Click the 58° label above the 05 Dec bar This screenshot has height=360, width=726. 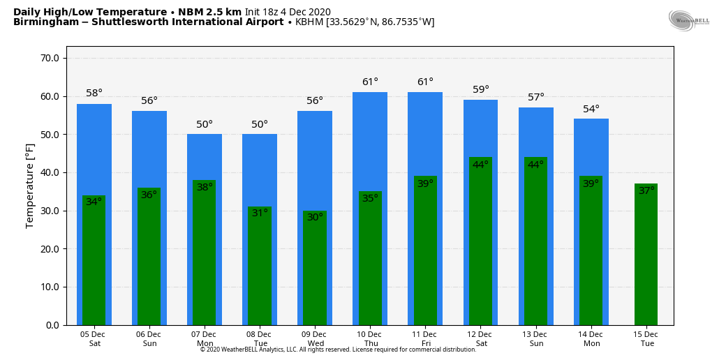[x=94, y=93]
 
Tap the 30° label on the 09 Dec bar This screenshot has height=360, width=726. [x=315, y=217]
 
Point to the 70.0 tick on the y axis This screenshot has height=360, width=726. [x=51, y=58]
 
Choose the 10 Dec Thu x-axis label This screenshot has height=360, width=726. [x=370, y=339]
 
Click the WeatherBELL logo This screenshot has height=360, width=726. [x=688, y=21]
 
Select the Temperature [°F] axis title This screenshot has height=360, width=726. [x=30, y=186]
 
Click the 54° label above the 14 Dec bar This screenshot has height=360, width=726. [x=591, y=109]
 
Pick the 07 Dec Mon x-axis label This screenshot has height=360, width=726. [x=205, y=339]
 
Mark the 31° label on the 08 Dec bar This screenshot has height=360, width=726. [x=260, y=213]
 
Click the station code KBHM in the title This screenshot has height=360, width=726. [x=309, y=22]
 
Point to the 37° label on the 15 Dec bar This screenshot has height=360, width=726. [x=646, y=190]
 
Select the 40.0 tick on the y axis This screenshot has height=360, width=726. [x=51, y=172]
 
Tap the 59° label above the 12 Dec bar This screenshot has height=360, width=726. [x=481, y=89]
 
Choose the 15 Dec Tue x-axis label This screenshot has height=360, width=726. [x=646, y=339]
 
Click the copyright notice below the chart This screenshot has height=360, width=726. [x=338, y=350]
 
